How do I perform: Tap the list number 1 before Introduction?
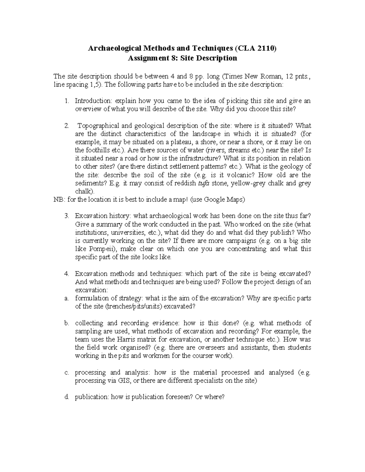(x=67, y=101)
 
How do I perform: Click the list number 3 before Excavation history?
(x=67, y=216)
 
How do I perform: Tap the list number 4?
(x=67, y=274)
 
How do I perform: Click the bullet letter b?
(x=67, y=323)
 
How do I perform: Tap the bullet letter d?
(x=67, y=397)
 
